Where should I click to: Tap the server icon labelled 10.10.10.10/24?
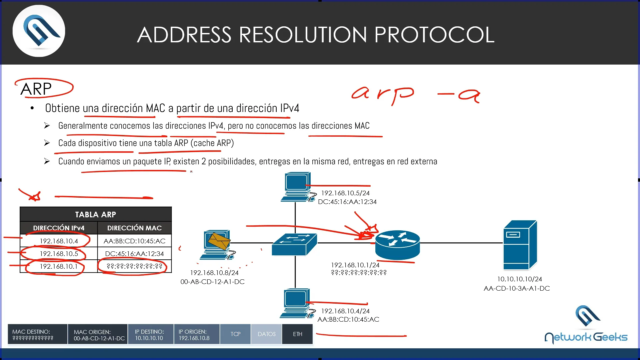click(520, 245)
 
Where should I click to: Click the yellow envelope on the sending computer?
click(219, 241)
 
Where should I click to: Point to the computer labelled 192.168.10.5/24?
click(297, 187)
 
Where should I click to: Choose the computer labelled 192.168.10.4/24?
click(296, 303)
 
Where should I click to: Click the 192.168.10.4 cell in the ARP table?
click(59, 241)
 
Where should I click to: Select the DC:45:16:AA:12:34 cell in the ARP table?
click(134, 254)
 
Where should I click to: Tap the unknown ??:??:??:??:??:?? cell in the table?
click(134, 266)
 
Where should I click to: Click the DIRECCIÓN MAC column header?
click(134, 228)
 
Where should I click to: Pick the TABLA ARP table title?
click(96, 214)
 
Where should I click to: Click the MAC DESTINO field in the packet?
click(37, 334)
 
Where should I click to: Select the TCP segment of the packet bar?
click(235, 334)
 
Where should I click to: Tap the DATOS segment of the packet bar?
click(266, 334)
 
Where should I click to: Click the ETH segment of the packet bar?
click(297, 334)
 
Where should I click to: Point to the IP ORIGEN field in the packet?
click(197, 334)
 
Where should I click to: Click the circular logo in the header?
click(39, 31)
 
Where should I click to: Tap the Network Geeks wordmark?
click(586, 337)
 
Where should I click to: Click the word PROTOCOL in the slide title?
click(434, 35)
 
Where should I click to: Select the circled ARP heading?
click(36, 89)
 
